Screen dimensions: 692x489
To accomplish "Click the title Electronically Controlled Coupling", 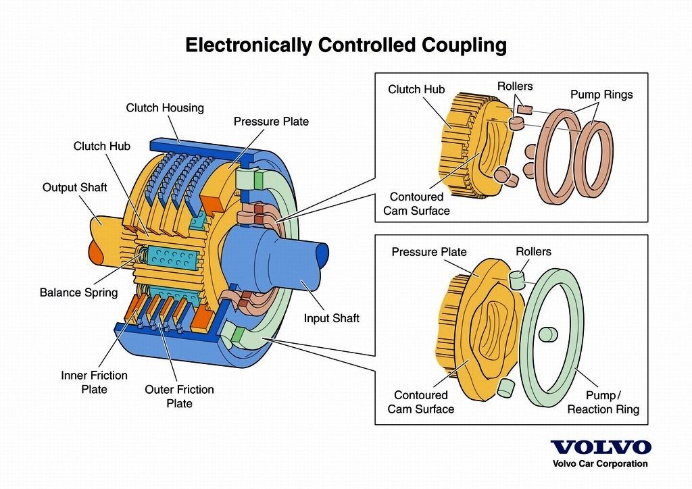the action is [x=345, y=45].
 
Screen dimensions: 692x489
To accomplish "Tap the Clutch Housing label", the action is [x=165, y=108].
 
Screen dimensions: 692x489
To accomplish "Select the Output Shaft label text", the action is [x=74, y=187].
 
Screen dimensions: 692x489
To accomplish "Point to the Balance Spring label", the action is [x=78, y=292].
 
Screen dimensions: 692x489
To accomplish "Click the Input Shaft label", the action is [x=331, y=318].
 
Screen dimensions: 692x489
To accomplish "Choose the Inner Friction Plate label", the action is [x=94, y=382].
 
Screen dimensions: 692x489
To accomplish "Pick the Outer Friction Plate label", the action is [x=179, y=396].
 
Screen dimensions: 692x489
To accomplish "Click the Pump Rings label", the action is [x=601, y=95].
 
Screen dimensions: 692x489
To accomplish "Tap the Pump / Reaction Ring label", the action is [x=603, y=402].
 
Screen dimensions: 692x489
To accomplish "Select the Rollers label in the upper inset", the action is [x=514, y=86].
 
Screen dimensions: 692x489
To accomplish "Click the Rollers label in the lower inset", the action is [x=533, y=251].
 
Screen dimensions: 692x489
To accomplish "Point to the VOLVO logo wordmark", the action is [x=601, y=447].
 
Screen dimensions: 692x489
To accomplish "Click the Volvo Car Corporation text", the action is [x=600, y=463].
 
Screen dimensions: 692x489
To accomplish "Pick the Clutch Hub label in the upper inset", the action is [x=416, y=90].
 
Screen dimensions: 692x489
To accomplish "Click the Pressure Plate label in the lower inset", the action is [x=429, y=252].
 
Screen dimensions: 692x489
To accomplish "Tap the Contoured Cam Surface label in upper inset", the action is [x=416, y=204].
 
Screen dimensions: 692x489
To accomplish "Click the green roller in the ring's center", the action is [x=547, y=335].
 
